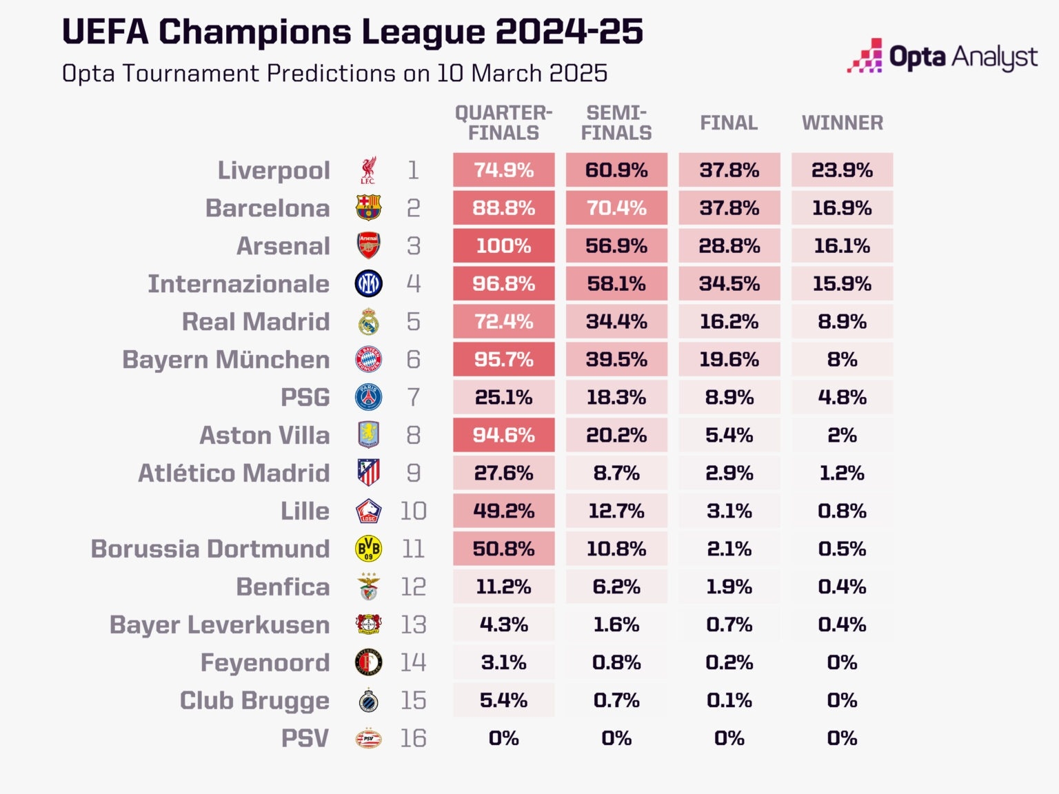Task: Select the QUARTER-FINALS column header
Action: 503,123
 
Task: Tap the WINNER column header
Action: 842,123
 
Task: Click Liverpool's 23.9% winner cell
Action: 842,170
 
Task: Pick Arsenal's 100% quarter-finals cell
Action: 503,246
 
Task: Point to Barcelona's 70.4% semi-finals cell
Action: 616,208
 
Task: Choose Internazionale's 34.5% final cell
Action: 729,284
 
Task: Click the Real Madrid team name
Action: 256,322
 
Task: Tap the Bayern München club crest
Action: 368,360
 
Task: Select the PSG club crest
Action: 368,398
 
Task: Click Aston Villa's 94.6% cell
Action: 503,436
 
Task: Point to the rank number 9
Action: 413,474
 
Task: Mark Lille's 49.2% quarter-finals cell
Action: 503,511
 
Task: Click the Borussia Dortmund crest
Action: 368,549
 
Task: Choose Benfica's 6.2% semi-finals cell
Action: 616,587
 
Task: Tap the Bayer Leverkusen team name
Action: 219,625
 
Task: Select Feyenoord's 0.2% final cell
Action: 729,663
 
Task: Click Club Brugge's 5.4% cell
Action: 503,701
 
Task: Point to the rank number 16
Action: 413,739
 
